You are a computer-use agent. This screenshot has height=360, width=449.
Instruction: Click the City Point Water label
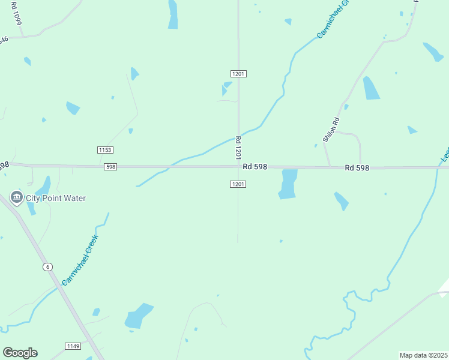pos(56,198)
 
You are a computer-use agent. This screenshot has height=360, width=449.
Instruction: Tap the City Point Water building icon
pos(16,197)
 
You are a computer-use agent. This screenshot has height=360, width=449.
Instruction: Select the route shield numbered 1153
pos(105,149)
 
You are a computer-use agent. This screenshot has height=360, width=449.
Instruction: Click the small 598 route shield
pos(110,167)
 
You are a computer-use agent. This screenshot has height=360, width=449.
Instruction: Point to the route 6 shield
pos(47,266)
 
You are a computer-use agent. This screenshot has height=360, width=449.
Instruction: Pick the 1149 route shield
pos(73,346)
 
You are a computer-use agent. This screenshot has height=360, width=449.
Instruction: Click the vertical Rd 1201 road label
pos(238,146)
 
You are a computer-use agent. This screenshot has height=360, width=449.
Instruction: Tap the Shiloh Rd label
pos(331,129)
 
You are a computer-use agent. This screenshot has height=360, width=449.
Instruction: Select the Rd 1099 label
pos(16,13)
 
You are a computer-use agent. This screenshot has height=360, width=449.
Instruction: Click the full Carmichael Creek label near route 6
pos(80,260)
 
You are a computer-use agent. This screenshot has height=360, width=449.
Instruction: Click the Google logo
pos(20,353)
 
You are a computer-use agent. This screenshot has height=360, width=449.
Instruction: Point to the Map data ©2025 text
pos(424,355)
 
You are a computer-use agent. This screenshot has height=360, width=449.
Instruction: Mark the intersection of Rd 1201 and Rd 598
pos(238,167)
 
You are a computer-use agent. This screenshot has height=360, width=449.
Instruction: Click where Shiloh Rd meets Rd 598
pos(329,167)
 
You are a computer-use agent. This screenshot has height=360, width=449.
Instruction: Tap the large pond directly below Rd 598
pos(288,184)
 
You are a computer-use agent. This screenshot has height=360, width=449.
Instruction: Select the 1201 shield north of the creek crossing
pos(238,73)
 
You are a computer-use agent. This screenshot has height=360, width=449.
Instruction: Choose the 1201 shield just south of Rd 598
pos(238,184)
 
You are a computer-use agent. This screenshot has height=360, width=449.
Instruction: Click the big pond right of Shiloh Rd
pos(371,88)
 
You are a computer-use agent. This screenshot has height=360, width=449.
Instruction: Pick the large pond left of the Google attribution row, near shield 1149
pos(139,316)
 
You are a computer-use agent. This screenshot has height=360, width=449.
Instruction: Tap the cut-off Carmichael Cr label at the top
pos(332,20)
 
